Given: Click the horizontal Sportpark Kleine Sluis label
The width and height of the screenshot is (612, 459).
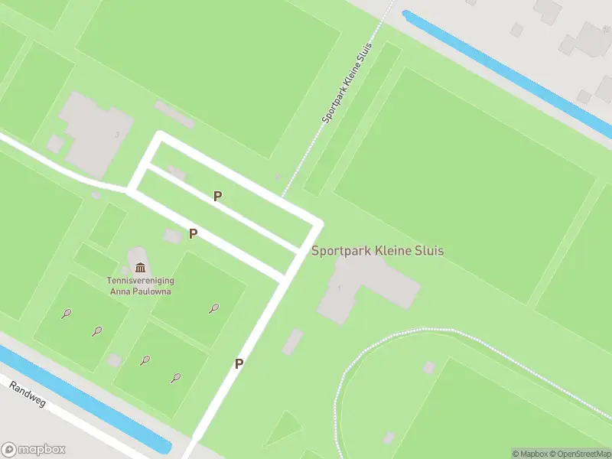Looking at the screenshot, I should coord(377,251).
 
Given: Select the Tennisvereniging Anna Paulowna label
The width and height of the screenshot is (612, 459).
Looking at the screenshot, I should coord(139,285).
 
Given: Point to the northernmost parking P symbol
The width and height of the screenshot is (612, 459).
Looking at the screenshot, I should coord(218,197).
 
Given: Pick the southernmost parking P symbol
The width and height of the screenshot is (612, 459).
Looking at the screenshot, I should coord(239,364).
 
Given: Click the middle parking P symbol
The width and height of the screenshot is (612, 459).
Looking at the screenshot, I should coord(194,234).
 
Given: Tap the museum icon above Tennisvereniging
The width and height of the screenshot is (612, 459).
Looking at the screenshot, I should coord(140,267).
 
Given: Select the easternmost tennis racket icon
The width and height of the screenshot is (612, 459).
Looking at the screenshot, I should coord(213,308).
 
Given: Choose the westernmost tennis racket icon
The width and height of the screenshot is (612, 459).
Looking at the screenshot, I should coord(67,313).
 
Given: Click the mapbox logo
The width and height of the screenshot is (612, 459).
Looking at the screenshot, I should coord(34,449).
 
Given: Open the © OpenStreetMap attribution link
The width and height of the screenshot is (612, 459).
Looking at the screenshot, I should coord(579,454).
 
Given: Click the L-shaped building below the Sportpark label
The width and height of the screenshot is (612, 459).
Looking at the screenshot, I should coord(360,287).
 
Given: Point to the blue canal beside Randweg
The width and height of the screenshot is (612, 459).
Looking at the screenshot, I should coord(84,398).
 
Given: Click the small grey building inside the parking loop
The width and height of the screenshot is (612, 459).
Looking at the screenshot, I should coord(177,173).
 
